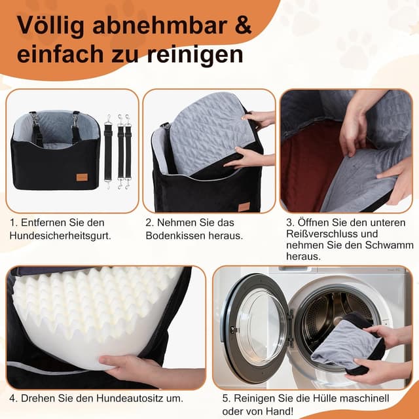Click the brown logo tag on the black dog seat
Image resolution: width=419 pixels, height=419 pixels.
pos(82,177)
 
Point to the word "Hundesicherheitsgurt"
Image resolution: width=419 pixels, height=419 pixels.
pos(58,235)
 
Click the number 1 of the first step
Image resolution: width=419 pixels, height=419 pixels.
pos(12,223)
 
